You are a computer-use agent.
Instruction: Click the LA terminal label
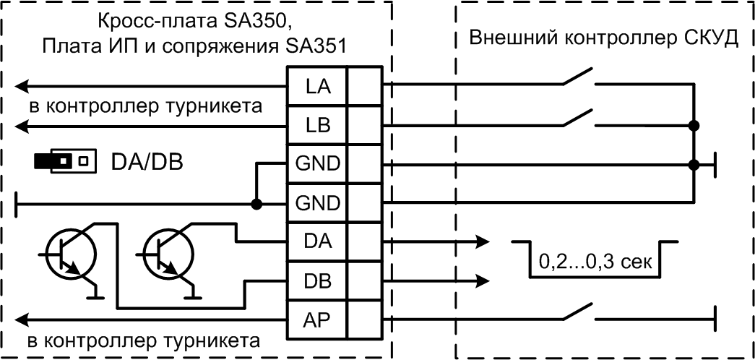[x=317, y=87]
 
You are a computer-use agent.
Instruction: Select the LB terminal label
[x=317, y=125]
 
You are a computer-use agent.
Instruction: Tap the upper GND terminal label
[x=317, y=163]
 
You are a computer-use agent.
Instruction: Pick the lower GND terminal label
[x=317, y=202]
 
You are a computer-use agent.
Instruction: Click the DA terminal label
[x=317, y=241]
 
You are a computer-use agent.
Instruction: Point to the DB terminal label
[x=317, y=279]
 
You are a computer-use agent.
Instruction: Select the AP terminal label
[x=317, y=317]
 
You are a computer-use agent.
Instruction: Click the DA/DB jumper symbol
[x=65, y=160]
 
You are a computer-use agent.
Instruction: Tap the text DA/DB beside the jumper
[x=147, y=161]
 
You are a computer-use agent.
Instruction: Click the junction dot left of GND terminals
[x=256, y=204]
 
